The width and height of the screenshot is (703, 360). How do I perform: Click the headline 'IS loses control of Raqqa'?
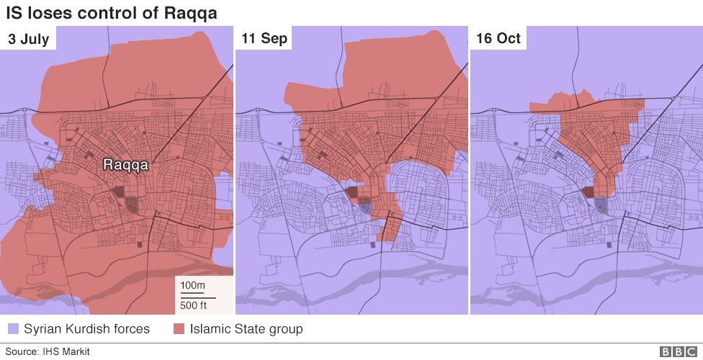coord(112,13)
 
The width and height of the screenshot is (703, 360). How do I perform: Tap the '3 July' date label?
coord(29,39)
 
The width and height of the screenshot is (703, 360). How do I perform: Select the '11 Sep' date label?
coord(264,39)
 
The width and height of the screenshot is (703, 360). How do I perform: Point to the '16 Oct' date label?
coord(498,39)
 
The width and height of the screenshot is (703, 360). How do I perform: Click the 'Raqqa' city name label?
coord(126,165)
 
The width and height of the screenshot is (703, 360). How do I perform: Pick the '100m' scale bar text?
coord(192,286)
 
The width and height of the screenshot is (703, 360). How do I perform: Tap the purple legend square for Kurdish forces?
coord(13,330)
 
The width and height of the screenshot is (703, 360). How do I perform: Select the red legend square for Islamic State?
coord(179,330)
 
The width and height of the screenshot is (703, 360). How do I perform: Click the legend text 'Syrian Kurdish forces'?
coord(86,329)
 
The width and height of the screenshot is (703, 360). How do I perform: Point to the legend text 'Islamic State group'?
coord(246,329)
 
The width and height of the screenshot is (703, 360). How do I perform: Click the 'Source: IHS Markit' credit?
coord(48,351)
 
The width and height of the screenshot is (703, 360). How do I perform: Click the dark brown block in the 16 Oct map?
coord(587,192)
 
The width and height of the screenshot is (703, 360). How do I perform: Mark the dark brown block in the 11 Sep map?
coord(353,192)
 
